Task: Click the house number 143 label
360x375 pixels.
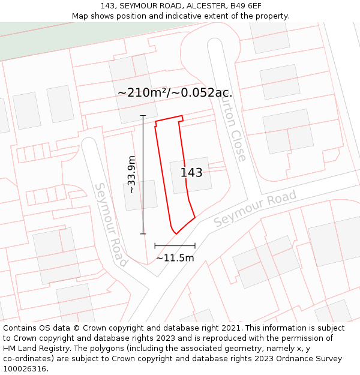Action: click(191, 173)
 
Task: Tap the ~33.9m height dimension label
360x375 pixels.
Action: click(132, 174)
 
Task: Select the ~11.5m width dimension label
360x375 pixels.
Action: click(175, 258)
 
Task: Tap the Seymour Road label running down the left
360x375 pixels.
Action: click(110, 224)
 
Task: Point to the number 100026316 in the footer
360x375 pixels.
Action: click(25, 369)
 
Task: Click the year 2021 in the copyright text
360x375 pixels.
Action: click(228, 328)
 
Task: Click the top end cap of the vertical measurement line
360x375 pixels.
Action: click(143, 115)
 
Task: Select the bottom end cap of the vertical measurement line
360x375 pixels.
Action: click(143, 233)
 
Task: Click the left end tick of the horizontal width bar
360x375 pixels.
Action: click(155, 245)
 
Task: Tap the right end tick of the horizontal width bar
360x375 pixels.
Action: click(195, 245)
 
